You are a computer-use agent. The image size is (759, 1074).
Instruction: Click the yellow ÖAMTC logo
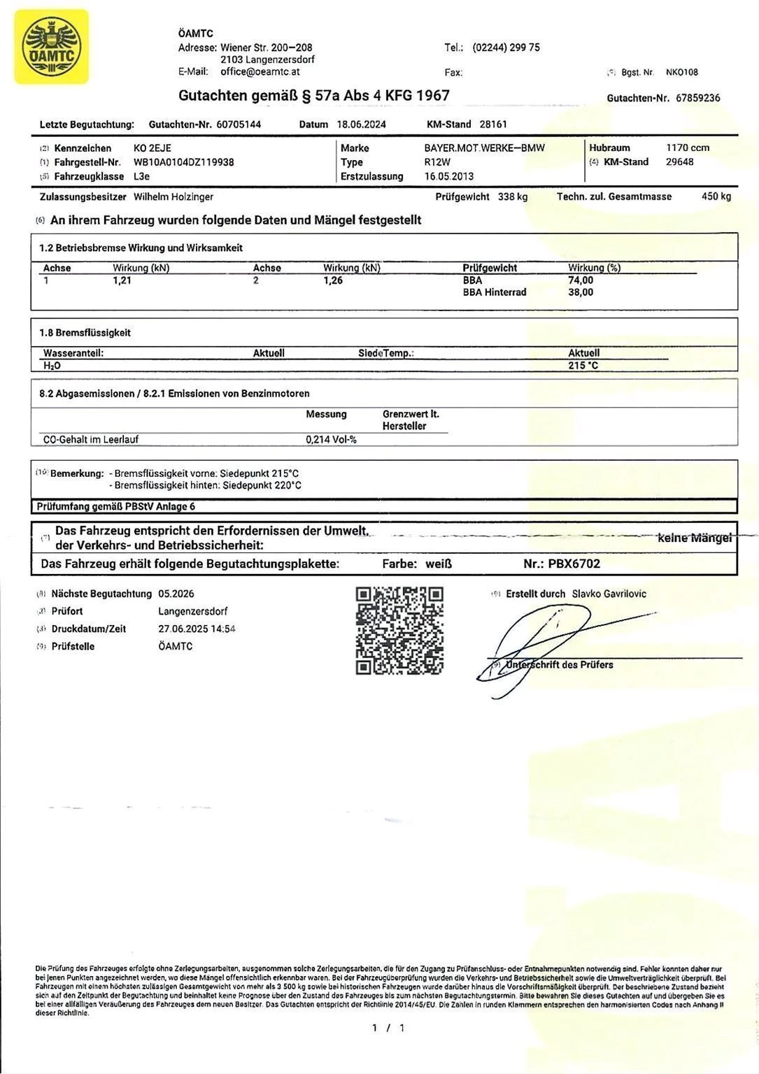pos(52,47)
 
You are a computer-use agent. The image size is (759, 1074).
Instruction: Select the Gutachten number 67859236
pos(697,98)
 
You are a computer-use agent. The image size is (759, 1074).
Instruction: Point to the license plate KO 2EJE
pos(152,148)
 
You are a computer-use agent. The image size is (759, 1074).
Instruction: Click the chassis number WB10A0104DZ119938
pos(183,162)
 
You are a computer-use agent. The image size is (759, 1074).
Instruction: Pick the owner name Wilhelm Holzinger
pos(173,197)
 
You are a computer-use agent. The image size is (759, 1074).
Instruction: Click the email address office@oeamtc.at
pos(260,71)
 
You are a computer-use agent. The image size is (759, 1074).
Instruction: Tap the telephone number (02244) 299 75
pos(506,48)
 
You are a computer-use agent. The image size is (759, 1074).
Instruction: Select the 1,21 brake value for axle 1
pos(122,280)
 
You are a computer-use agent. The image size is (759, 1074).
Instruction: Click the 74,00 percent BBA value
pos(581,280)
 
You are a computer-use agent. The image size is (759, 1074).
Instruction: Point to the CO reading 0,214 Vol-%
pos(331,440)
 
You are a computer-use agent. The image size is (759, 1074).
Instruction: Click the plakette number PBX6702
pos(574,564)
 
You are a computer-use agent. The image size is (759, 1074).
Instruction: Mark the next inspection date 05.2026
pos(176,594)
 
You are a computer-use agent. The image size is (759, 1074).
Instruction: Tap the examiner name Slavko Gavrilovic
pos(609,594)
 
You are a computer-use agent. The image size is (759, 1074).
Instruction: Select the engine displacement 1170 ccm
pos(688,148)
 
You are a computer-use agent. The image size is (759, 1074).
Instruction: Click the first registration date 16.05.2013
pos(449,176)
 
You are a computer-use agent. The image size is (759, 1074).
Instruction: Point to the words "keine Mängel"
pos(695,538)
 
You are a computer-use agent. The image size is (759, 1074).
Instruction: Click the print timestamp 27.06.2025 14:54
pos(197,629)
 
